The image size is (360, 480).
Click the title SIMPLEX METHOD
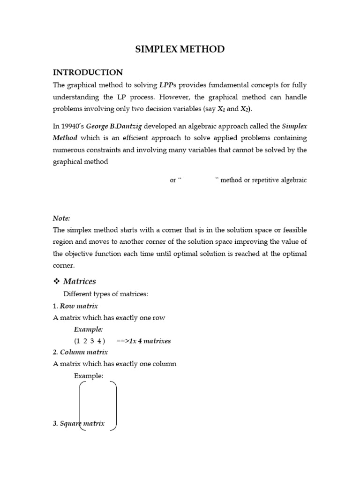(x=180, y=49)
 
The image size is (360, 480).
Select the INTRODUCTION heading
(x=88, y=72)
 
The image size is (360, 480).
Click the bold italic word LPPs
(x=168, y=85)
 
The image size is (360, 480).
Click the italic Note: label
(x=61, y=218)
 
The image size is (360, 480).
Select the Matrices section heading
(x=79, y=281)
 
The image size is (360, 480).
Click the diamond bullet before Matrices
(x=56, y=281)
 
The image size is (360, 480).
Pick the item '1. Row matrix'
(x=75, y=306)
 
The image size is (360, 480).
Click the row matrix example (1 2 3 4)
(x=89, y=341)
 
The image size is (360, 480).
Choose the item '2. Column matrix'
(x=80, y=352)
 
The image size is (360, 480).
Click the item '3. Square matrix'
(x=79, y=423)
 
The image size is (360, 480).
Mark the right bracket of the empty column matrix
(x=113, y=405)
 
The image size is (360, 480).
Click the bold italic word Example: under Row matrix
(x=88, y=329)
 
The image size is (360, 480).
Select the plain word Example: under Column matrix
(x=88, y=375)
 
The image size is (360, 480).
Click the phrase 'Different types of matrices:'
(x=105, y=294)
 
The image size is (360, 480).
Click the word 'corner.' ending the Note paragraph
(x=63, y=265)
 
